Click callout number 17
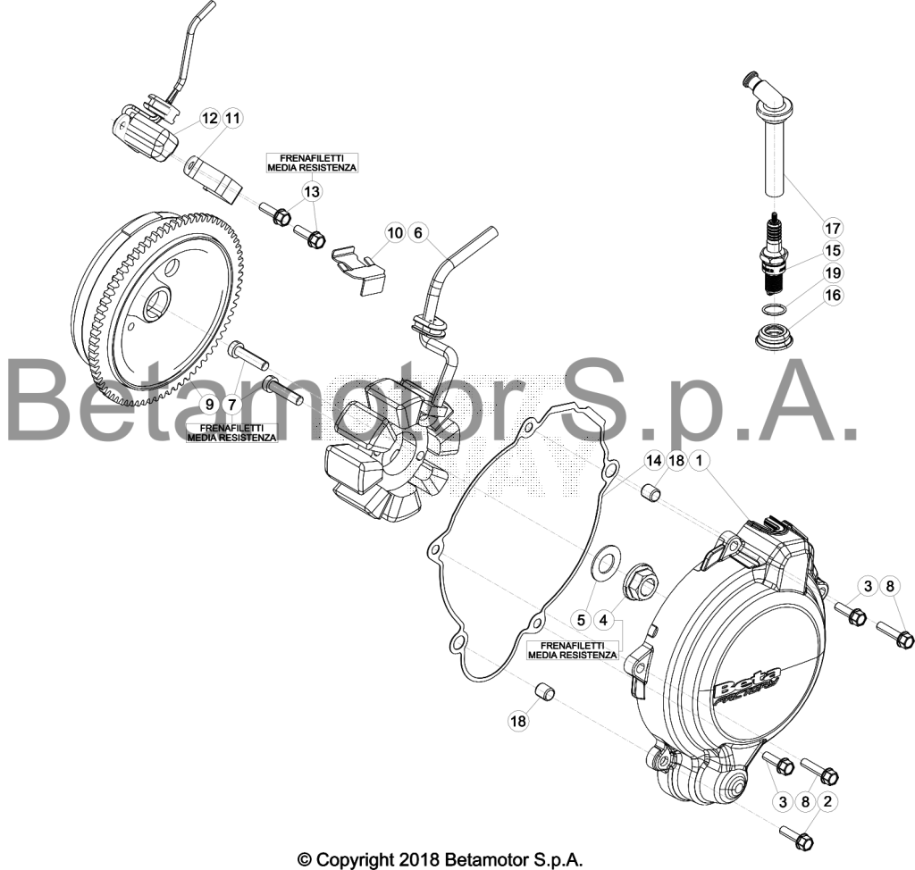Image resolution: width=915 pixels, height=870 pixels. (x=833, y=228)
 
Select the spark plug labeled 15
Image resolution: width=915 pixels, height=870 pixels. (x=773, y=254)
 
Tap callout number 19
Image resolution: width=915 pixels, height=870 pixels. (x=833, y=272)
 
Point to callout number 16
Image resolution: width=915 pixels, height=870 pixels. (x=833, y=296)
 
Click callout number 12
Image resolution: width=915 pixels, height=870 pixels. (x=209, y=118)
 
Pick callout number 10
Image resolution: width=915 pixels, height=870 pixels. (x=395, y=233)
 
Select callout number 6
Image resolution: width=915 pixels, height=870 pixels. (x=418, y=233)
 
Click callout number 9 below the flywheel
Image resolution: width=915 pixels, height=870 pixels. (x=209, y=404)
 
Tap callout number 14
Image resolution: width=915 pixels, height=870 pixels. (x=653, y=460)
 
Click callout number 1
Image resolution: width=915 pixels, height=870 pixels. (x=699, y=460)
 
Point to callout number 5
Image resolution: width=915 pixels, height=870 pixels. (x=581, y=619)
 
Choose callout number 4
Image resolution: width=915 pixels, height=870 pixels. (x=603, y=619)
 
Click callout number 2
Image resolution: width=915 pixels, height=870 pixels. (x=827, y=802)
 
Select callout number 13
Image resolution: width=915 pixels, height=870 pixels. (x=312, y=191)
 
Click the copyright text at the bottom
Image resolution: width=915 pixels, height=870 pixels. (x=441, y=859)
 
